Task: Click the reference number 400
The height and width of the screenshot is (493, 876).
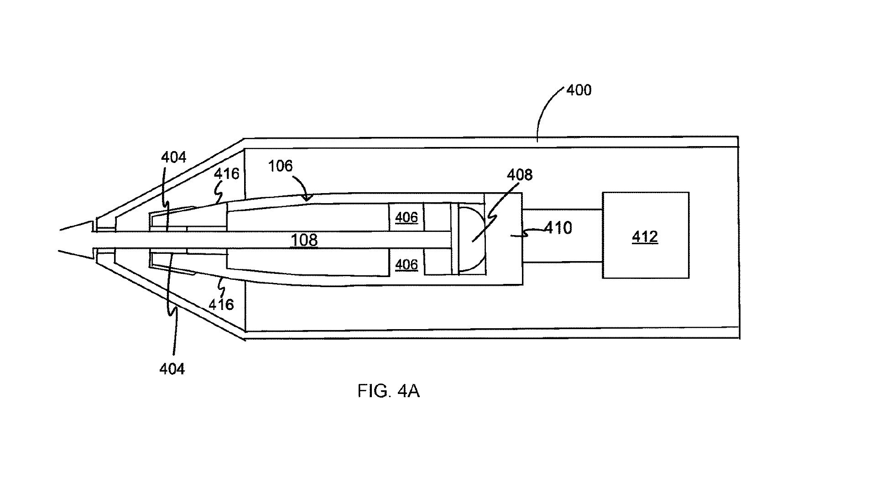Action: point(579,90)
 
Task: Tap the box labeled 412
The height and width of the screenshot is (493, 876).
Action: point(645,236)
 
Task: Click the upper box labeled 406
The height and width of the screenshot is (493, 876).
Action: point(406,217)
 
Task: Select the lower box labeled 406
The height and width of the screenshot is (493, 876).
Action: point(406,264)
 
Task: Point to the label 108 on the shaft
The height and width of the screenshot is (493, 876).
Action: point(304,240)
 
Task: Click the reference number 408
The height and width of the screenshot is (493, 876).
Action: point(520,174)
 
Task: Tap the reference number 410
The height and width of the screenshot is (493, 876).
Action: point(558,227)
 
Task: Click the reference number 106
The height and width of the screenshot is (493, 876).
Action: point(280,166)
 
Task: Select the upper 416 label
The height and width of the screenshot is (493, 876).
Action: point(226,173)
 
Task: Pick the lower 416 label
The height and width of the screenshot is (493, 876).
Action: point(221,304)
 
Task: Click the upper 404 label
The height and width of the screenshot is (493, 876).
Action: point(173,157)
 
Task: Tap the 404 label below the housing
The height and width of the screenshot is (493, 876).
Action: point(172,368)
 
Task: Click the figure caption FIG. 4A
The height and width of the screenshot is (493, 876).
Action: point(388,391)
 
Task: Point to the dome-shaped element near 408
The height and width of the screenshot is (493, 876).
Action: point(471,239)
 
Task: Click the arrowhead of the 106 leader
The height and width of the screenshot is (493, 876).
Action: point(308,197)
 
